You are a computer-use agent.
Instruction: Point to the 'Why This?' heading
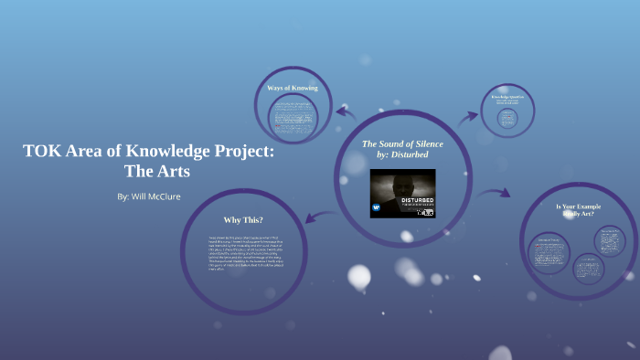243,220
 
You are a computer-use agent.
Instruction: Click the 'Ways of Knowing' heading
293,88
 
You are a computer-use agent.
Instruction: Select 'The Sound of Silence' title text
401,143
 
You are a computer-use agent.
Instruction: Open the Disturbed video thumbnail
401,195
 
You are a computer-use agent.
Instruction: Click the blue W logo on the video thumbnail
376,206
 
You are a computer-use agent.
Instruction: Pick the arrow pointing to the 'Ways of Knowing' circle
345,112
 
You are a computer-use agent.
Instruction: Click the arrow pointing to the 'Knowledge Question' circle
467,116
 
